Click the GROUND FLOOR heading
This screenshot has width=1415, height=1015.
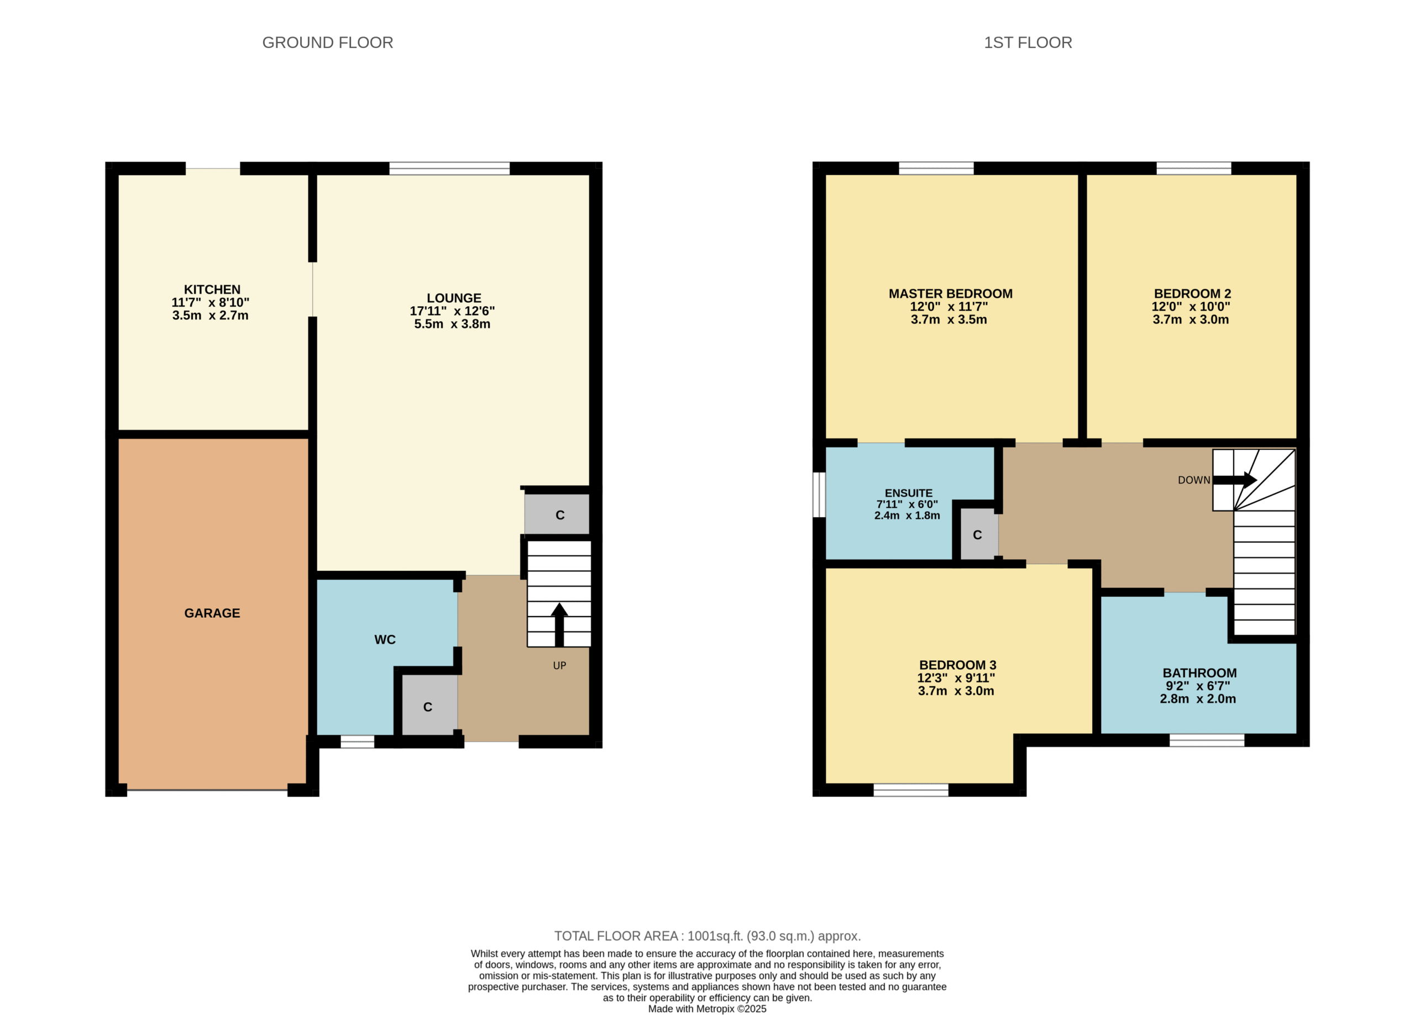point(328,43)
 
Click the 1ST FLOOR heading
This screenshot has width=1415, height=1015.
point(1028,43)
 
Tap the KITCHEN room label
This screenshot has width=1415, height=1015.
point(212,290)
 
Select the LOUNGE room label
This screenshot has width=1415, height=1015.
point(454,298)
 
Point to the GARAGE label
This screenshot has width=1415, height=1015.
point(212,613)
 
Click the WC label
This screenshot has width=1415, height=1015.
point(385,639)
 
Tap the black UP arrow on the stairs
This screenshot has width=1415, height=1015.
point(559,624)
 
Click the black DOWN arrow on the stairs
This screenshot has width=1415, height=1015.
point(1234,480)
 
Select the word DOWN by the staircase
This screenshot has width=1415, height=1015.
point(1193,480)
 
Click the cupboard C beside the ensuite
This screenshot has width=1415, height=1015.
point(977,535)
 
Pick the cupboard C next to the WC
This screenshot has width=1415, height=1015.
point(427,707)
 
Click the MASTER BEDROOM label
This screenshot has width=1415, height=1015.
point(950,294)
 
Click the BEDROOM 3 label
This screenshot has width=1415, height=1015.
point(958,665)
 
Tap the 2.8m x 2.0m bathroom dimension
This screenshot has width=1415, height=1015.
point(1197,699)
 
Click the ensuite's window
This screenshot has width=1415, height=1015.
point(819,495)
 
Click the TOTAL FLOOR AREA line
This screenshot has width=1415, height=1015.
point(707,936)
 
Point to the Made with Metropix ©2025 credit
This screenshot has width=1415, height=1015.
point(707,1009)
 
